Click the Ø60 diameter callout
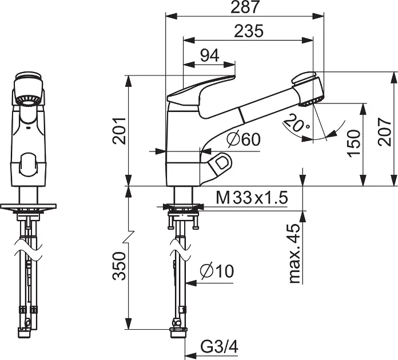pos(243,139)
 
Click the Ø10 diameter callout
pos(217,271)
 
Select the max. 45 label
pos(294,253)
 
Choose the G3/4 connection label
pos(216,347)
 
